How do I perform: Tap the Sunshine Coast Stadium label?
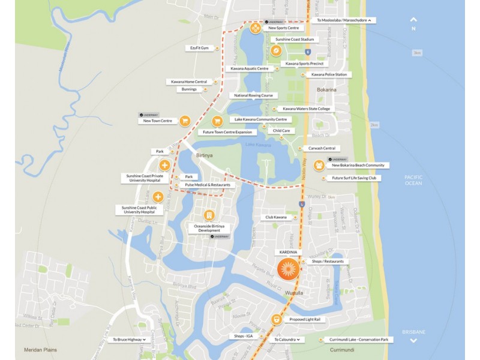tap(295, 40)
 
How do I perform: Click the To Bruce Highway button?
tap(128, 340)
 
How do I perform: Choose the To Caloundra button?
tap(287, 340)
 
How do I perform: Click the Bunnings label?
tap(189, 89)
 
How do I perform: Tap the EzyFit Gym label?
tap(199, 48)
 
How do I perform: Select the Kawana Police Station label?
tap(329, 74)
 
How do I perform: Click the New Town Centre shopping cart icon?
tap(185, 121)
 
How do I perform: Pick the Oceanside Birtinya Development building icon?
tap(209, 215)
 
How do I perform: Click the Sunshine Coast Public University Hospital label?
tap(140, 209)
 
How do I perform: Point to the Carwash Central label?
tap(322, 148)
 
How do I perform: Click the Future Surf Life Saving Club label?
tap(354, 178)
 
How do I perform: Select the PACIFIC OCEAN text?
tap(413, 180)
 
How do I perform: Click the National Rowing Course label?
tap(254, 95)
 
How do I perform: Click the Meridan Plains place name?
tap(40, 350)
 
